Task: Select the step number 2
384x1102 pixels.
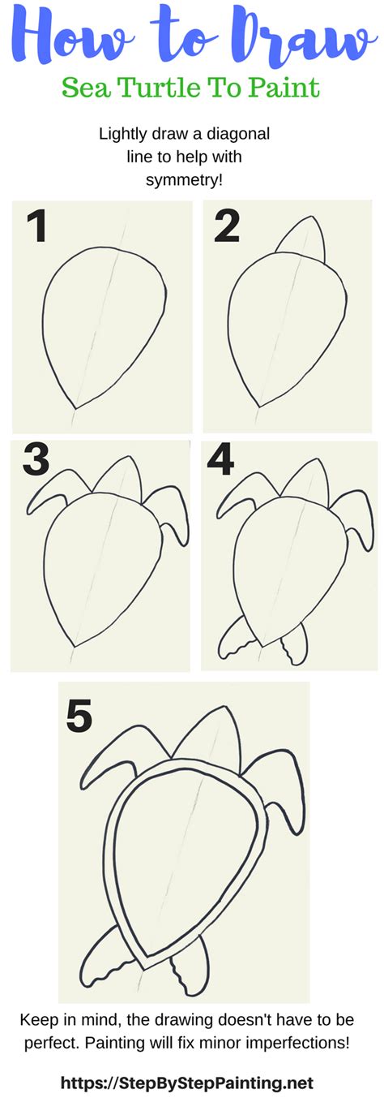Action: click(x=228, y=227)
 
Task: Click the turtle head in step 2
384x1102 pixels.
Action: click(x=302, y=241)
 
